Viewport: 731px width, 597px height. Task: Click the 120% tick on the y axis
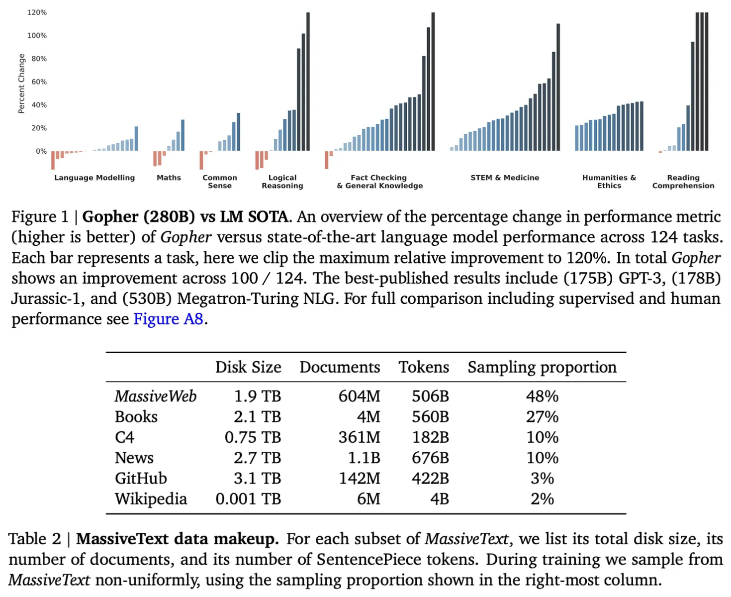[37, 12]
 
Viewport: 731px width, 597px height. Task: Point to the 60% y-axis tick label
[39, 82]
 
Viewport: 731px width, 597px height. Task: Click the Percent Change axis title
[21, 84]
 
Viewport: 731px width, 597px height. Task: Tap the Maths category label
[169, 178]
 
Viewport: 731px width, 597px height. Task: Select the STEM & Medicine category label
[504, 178]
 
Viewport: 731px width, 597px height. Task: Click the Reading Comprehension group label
[683, 182]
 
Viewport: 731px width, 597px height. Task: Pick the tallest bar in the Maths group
[183, 135]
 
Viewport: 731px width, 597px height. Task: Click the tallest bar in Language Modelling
[136, 138]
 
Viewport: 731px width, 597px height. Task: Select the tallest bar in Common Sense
[238, 132]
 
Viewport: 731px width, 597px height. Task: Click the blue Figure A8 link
[168, 319]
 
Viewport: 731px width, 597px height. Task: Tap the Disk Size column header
[248, 367]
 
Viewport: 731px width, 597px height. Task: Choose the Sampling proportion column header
[542, 367]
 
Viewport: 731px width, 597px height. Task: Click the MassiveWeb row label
[155, 396]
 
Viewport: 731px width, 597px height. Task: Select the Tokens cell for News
[430, 458]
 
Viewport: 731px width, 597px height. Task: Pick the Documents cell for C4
[359, 437]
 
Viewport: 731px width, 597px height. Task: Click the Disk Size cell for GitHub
[257, 478]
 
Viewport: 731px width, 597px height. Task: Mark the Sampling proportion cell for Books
[542, 417]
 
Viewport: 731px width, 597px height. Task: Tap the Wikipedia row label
[151, 499]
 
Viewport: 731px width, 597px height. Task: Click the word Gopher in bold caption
[110, 217]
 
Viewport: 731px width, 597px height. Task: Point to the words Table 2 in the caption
[34, 539]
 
